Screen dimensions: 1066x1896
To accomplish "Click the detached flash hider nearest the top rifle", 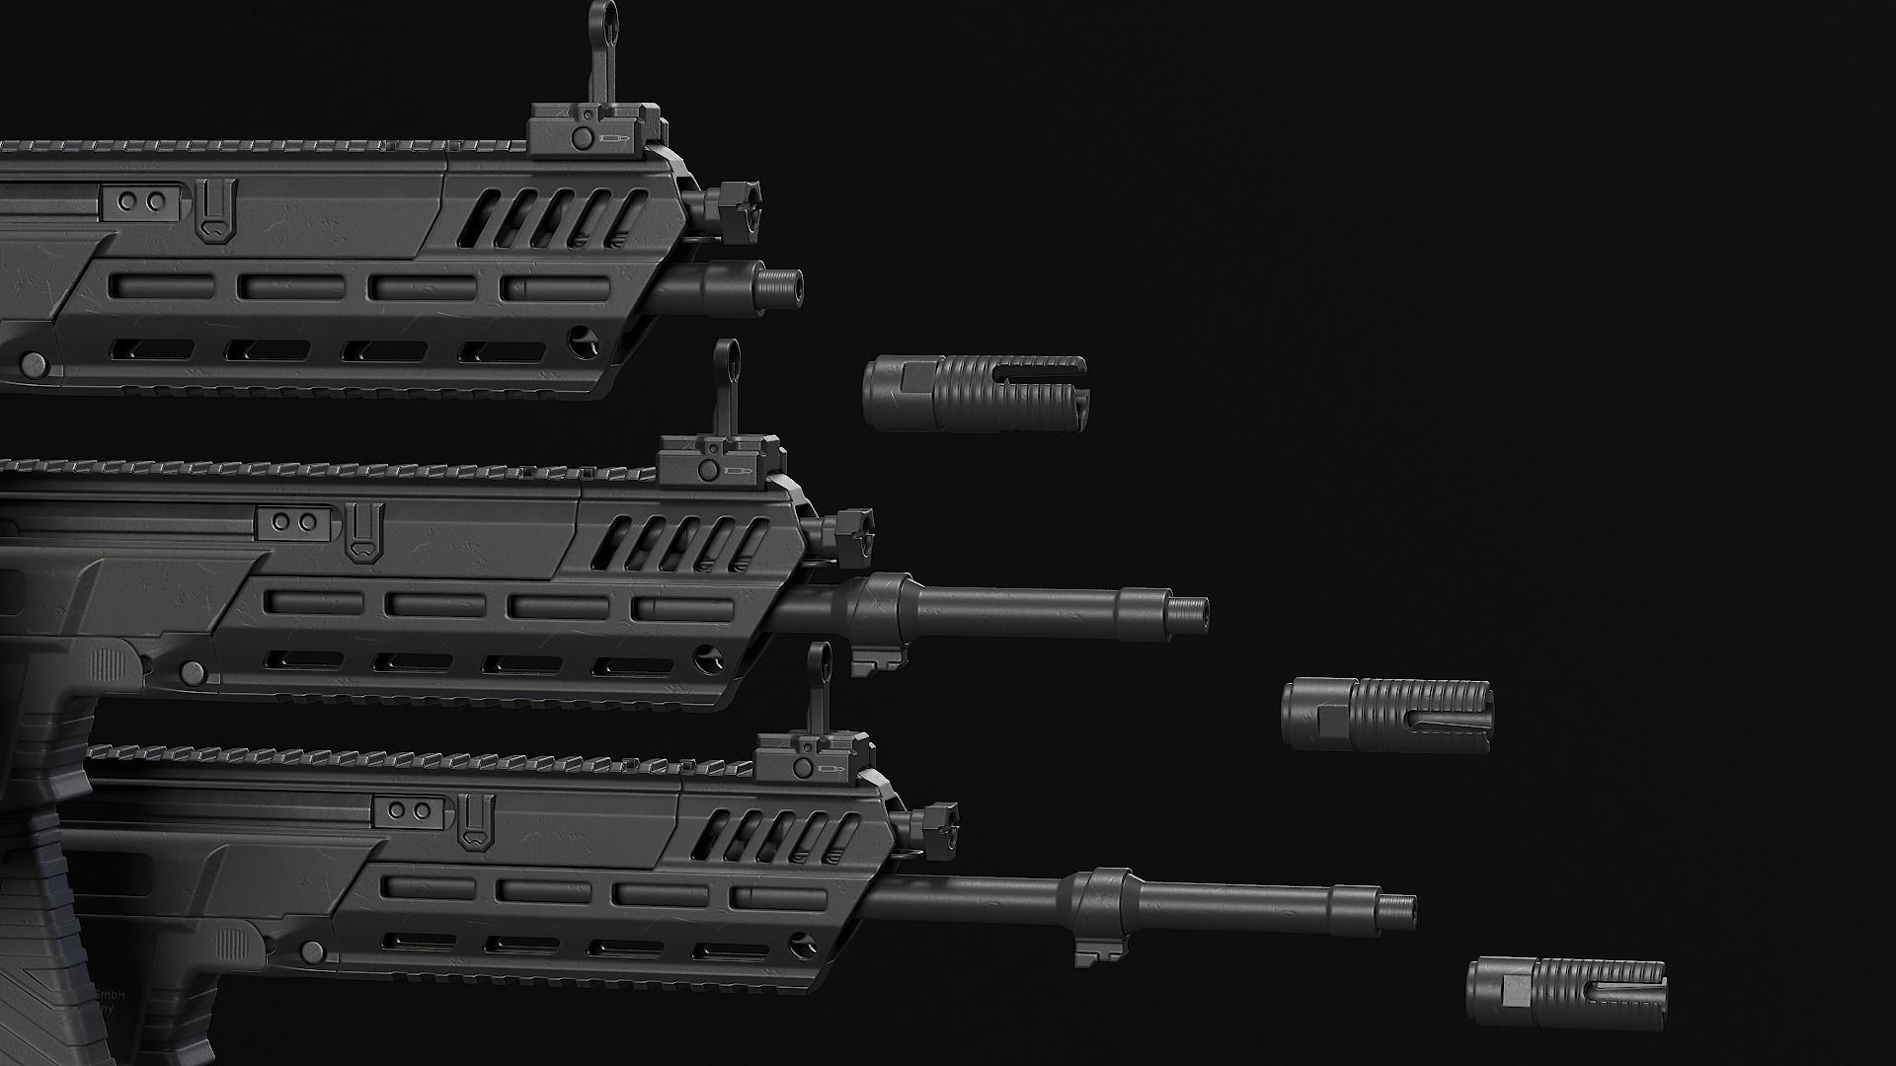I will pyautogui.click(x=976, y=393).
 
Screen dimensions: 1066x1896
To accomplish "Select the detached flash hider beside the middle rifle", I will pyautogui.click(x=1387, y=716).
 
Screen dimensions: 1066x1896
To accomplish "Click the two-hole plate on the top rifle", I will pyautogui.click(x=141, y=201).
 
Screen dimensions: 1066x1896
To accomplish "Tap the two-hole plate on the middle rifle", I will pyautogui.click(x=294, y=520).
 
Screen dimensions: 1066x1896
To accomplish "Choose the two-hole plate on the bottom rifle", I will pyautogui.click(x=410, y=810).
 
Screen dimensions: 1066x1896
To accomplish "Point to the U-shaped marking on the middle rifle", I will pyautogui.click(x=361, y=532).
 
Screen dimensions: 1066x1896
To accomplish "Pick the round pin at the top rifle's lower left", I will pyautogui.click(x=34, y=364).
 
